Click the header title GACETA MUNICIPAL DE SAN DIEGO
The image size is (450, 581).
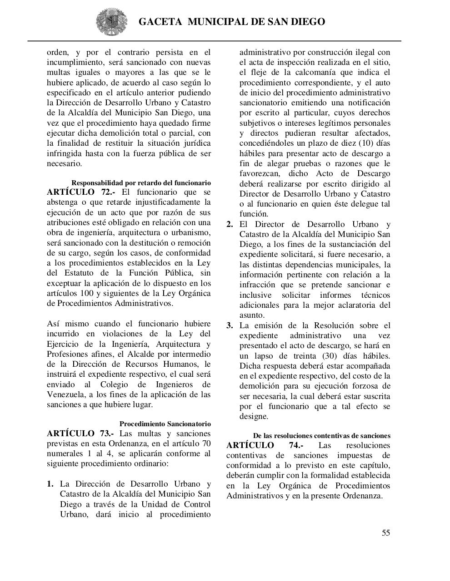231,22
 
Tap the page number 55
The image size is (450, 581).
385,533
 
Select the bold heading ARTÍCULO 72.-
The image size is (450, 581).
81,192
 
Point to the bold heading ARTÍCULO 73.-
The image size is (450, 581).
81,433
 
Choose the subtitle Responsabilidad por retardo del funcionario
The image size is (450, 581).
141,183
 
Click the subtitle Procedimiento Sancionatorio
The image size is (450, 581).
165,424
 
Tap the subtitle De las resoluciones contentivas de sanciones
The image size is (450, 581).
321,436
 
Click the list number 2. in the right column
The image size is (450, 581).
230,224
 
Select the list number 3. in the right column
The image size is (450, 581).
230,325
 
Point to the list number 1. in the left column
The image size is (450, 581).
50,484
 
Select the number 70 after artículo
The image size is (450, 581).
206,443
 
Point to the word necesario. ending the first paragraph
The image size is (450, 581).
65,163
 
